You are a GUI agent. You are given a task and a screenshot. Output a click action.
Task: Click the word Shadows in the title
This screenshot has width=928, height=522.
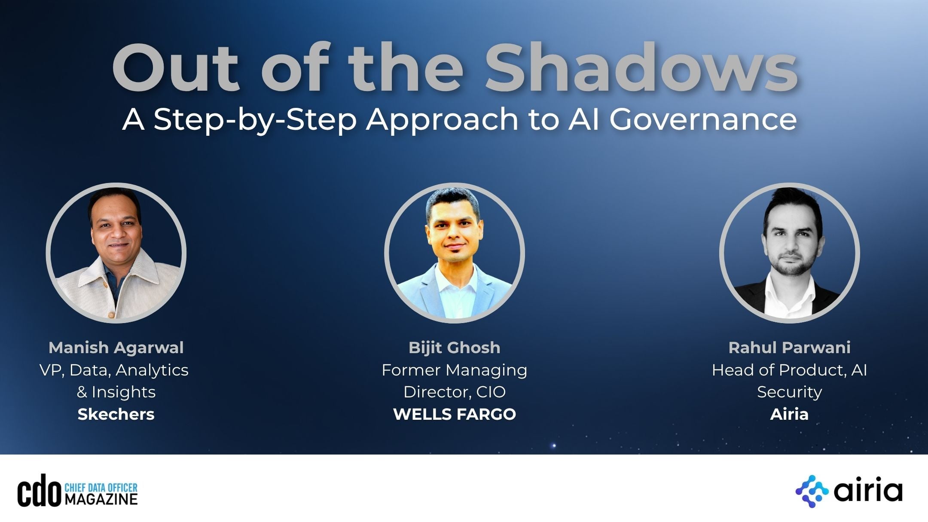[x=641, y=68]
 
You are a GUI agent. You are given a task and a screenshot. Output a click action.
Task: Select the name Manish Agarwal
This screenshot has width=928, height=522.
[x=116, y=348]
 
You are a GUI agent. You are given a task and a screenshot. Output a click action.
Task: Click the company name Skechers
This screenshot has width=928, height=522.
[x=116, y=414]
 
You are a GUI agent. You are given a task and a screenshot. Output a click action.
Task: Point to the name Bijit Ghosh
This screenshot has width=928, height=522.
[x=455, y=348]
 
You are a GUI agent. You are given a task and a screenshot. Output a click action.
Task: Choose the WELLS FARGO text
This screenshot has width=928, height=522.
[x=455, y=414]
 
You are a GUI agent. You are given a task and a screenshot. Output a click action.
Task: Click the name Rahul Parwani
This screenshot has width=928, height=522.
[x=789, y=348]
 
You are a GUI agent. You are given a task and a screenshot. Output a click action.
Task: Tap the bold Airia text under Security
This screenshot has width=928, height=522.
[x=789, y=414]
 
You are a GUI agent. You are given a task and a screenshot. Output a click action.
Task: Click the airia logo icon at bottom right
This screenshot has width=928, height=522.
[x=812, y=491]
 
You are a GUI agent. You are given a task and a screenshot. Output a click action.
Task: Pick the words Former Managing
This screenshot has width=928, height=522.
[x=455, y=370]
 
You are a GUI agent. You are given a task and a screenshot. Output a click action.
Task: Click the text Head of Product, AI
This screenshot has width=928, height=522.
[x=789, y=370]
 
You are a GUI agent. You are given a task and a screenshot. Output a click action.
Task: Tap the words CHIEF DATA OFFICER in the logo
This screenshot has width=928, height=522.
[x=101, y=487]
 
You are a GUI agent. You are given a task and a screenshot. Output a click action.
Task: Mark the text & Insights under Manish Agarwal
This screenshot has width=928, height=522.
[x=116, y=392]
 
